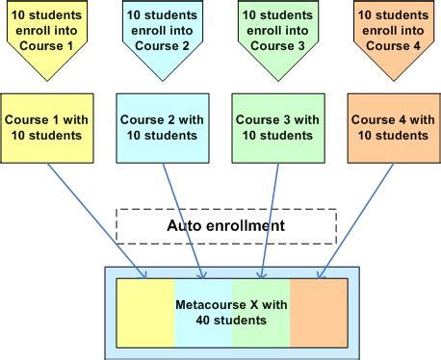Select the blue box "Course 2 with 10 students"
(161, 127)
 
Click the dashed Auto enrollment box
(225, 226)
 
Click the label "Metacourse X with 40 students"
(231, 312)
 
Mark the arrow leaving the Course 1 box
(96, 219)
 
